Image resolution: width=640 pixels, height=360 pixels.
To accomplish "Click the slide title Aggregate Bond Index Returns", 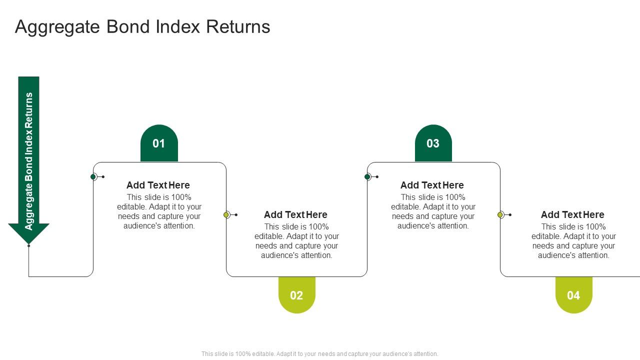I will pyautogui.click(x=142, y=26).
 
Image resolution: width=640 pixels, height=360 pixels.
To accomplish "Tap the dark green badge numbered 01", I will pyautogui.click(x=159, y=143).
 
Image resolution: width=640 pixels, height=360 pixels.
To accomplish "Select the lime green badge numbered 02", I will pyautogui.click(x=296, y=295).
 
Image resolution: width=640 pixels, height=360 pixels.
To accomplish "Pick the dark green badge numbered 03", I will pyautogui.click(x=433, y=143).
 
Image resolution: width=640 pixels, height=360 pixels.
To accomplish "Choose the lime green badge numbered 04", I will pyautogui.click(x=573, y=295).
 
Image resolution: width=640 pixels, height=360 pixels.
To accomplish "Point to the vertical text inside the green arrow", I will pyautogui.click(x=28, y=161).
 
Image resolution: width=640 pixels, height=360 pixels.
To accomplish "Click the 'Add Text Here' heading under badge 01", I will pyautogui.click(x=158, y=185).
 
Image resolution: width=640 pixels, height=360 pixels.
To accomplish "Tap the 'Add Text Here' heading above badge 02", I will pyautogui.click(x=295, y=214).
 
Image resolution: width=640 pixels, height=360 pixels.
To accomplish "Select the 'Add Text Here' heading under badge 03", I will pyautogui.click(x=432, y=185).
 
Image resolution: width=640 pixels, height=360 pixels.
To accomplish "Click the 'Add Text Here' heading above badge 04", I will pyautogui.click(x=572, y=214).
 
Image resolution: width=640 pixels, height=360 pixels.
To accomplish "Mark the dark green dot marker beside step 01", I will pyautogui.click(x=93, y=176).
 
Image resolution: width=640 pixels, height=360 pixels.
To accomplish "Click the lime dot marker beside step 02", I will pyautogui.click(x=226, y=214).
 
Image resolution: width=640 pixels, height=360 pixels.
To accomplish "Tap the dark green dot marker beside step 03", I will pyautogui.click(x=367, y=176).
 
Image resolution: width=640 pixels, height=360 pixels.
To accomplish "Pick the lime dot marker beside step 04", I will pyautogui.click(x=500, y=214).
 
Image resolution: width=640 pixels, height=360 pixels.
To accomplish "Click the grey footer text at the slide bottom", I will pyautogui.click(x=319, y=353).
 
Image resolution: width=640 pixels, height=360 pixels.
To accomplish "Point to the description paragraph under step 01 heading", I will pyautogui.click(x=159, y=211).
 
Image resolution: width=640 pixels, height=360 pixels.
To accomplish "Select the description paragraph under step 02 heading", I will pyautogui.click(x=296, y=241).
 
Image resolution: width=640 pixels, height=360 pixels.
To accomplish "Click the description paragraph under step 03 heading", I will pyautogui.click(x=433, y=211).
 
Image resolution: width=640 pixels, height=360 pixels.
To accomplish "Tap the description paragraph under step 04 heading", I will pyautogui.click(x=573, y=241).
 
